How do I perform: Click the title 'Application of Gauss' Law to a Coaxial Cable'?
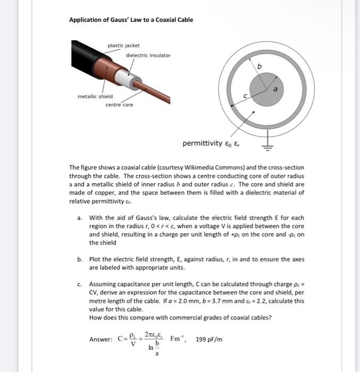click(x=131, y=20)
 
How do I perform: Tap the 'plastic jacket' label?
click(x=123, y=46)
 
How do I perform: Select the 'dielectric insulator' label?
click(x=148, y=55)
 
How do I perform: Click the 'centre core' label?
click(x=119, y=105)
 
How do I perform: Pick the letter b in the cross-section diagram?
click(x=259, y=66)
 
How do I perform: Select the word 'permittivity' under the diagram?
click(x=203, y=143)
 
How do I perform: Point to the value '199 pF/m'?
click(x=209, y=339)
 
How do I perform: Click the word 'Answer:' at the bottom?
click(x=101, y=340)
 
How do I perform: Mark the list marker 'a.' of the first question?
click(x=79, y=217)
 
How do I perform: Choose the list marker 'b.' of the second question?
click(x=79, y=259)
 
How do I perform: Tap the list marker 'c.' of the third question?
click(x=79, y=284)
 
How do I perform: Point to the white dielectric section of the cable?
click(x=125, y=78)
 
